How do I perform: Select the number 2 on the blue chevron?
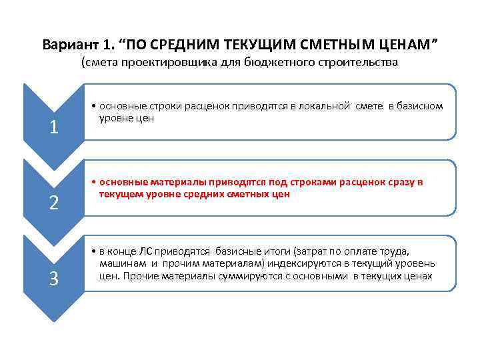point(53,203)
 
